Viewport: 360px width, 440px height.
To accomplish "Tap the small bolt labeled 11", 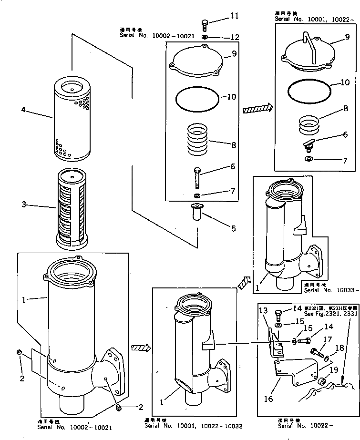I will point(205,23).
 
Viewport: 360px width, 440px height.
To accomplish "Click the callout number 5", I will point(233,228).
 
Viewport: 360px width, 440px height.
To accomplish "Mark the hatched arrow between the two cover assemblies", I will point(257,109).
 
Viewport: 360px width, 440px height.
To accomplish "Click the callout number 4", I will point(23,110).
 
